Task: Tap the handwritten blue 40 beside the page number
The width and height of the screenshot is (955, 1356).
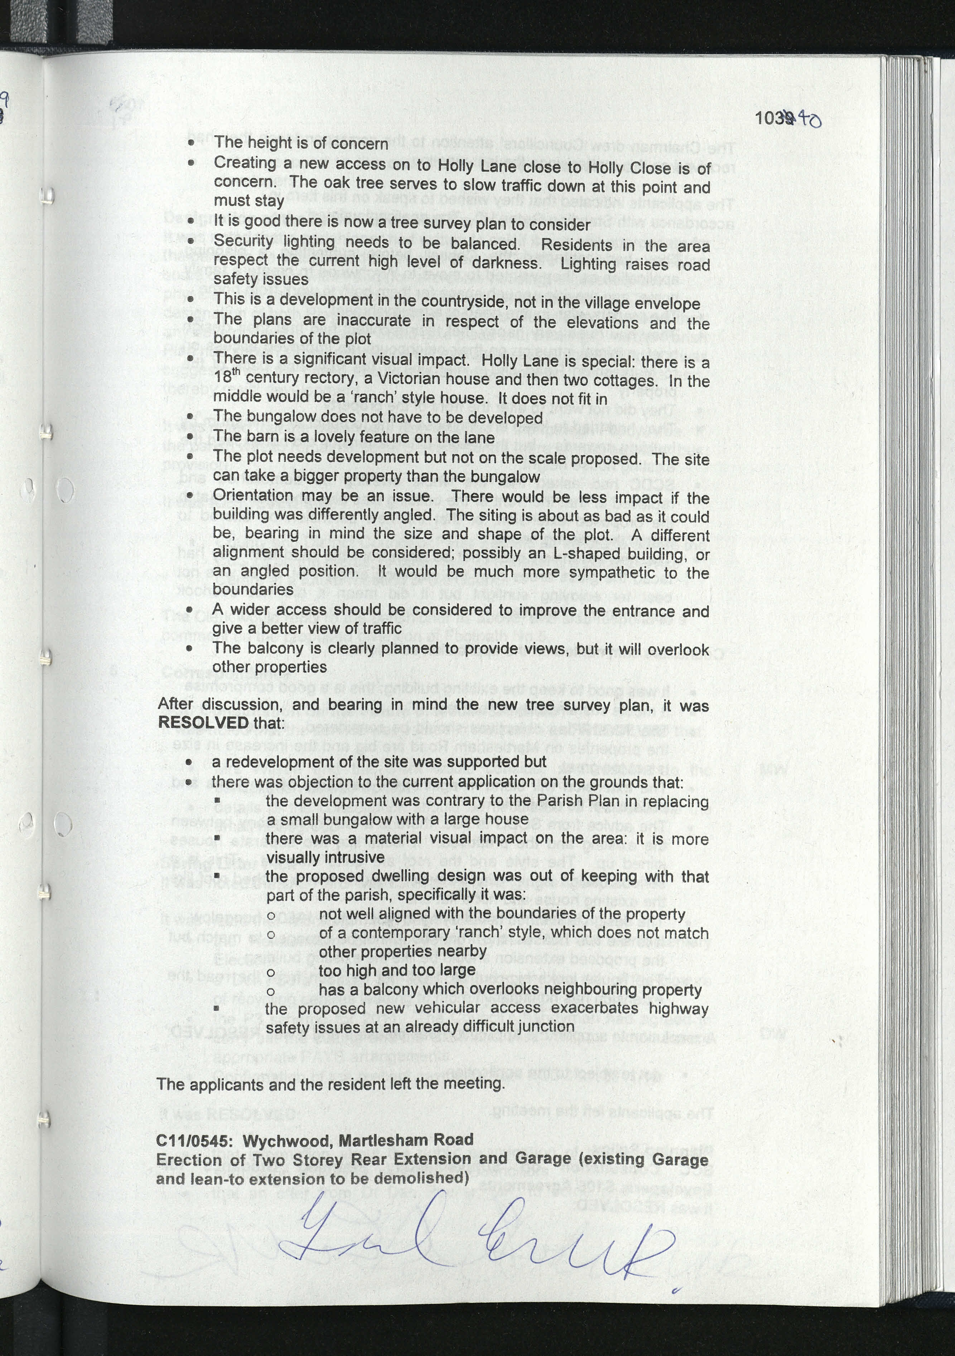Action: click(x=808, y=120)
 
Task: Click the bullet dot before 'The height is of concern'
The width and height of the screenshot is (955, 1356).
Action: click(x=190, y=144)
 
